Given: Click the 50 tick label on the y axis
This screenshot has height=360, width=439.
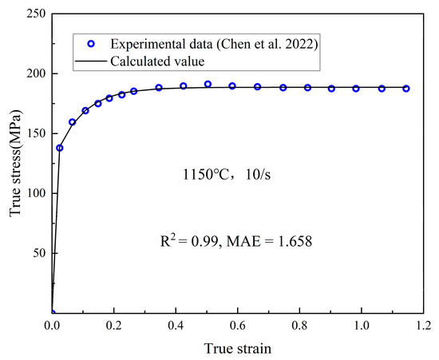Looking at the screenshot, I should click(38, 253).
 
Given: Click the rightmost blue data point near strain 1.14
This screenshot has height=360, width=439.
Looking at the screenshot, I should click(406, 89).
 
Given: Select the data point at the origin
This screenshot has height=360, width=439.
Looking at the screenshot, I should click(52, 313).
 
